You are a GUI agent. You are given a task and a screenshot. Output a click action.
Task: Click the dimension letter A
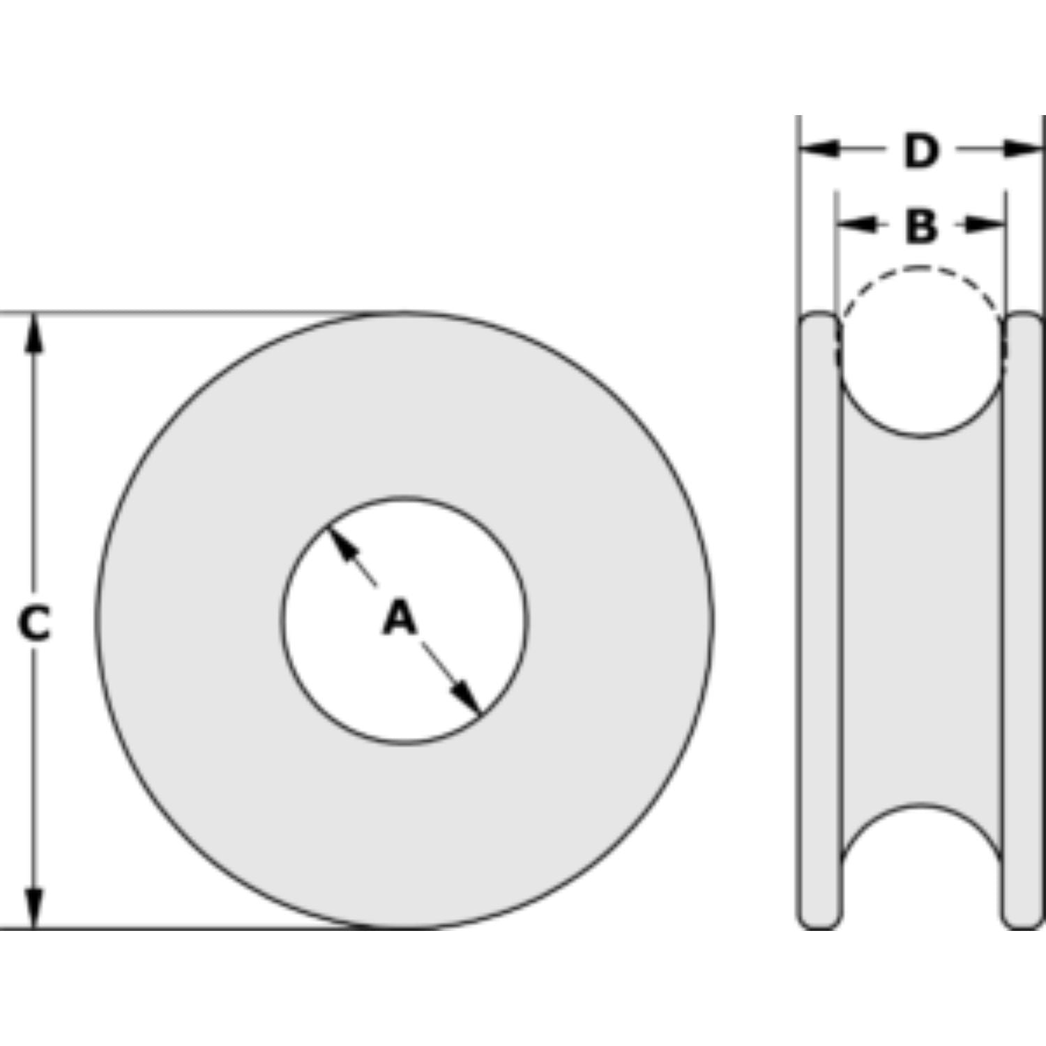tap(400, 618)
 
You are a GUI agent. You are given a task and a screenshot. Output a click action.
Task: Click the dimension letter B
tap(920, 225)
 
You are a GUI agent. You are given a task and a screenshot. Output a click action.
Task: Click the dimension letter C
tap(33, 623)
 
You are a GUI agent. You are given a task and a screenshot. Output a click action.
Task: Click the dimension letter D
tap(920, 151)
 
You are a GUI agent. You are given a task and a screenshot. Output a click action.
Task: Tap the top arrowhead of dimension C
tap(33, 333)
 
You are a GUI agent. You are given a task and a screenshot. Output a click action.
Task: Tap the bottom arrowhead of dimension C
tap(33, 909)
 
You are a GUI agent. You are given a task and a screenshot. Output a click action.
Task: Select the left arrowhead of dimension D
tap(818, 149)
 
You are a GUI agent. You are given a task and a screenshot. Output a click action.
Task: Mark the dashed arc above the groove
tap(920, 268)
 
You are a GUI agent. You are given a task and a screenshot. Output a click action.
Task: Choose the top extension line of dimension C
tap(174, 314)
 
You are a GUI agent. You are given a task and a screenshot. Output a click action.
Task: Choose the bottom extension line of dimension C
tap(174, 928)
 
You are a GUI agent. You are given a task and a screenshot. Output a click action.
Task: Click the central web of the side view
tap(920, 621)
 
